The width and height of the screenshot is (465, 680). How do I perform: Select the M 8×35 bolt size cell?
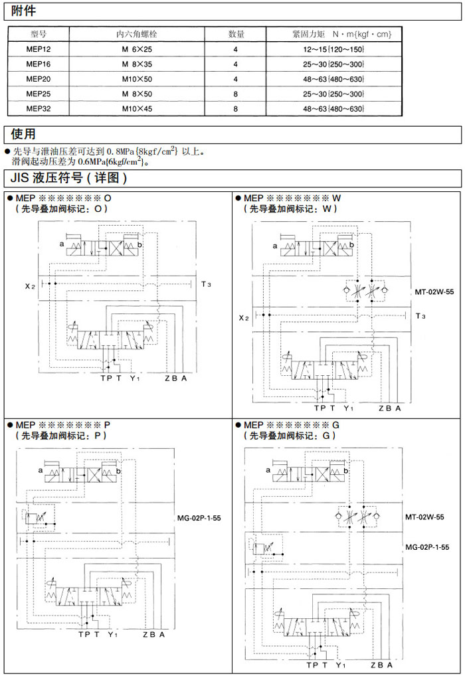pos(137,65)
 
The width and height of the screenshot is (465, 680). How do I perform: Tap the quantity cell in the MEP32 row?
pos(235,109)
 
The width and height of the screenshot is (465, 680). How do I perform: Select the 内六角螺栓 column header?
pos(137,34)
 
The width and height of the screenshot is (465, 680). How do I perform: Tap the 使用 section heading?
pos(24,134)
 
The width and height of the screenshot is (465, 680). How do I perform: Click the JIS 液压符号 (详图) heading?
pos(69,178)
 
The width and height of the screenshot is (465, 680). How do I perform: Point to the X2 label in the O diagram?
pos(30,286)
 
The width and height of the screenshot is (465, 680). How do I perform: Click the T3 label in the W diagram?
pos(420,316)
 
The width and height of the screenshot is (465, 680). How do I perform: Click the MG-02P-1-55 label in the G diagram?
pos(427,547)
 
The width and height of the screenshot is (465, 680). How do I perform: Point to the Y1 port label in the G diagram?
pos(340,665)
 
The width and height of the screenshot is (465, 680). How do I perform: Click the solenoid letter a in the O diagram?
pos(61,245)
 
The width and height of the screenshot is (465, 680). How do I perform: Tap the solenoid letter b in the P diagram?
pos(118,470)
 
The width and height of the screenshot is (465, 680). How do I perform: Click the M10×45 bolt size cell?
pos(137,109)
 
